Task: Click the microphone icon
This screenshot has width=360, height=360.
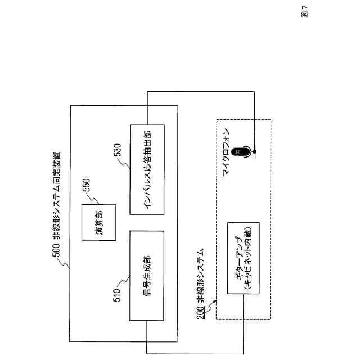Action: (243, 152)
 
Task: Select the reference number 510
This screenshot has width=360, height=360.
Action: (116, 297)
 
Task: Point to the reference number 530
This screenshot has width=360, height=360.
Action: (116, 150)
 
